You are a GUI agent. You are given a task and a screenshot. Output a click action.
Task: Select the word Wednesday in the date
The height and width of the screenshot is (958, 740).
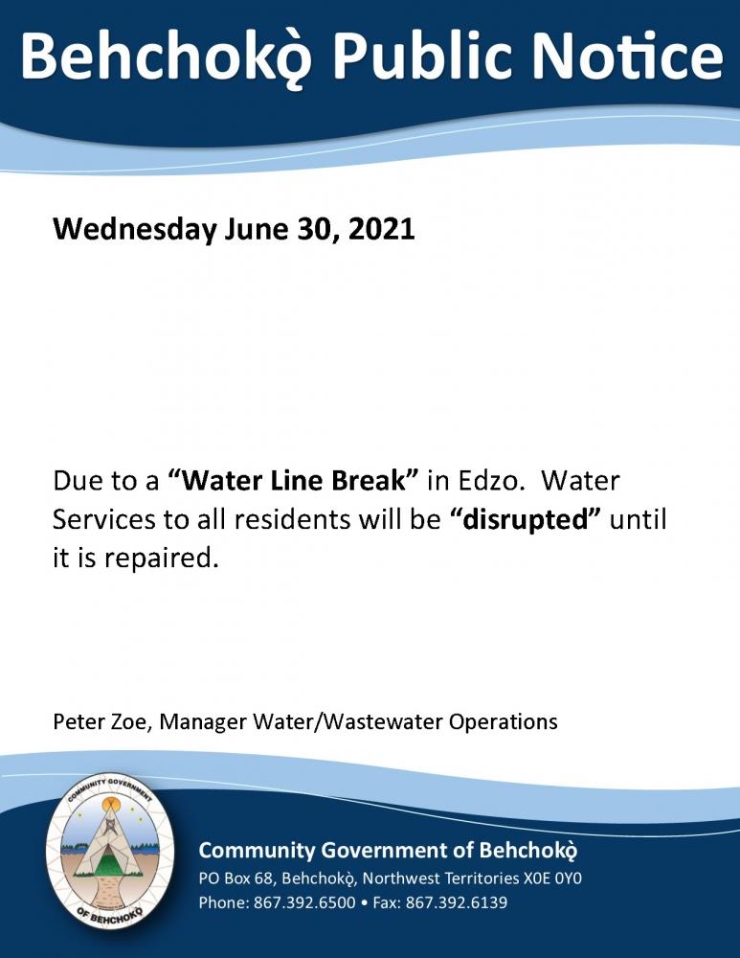pos(134,230)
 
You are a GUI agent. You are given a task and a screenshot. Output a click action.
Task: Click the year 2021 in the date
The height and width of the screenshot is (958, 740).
pos(382,229)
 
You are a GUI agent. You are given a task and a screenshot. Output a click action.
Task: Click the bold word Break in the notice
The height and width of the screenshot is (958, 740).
pos(369,480)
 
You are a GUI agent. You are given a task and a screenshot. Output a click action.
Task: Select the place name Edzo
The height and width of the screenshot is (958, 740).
pos(491,480)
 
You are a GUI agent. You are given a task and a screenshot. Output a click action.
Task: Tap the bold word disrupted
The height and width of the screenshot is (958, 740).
pos(525,520)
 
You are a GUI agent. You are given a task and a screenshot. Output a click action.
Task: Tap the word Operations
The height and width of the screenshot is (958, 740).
pos(504,722)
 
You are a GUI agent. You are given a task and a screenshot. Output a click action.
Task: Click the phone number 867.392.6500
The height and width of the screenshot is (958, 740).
pos(304,902)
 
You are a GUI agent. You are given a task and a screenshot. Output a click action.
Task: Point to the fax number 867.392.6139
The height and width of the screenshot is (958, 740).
pos(456,902)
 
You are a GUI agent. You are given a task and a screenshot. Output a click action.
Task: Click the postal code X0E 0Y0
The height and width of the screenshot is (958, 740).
pos(552,878)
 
